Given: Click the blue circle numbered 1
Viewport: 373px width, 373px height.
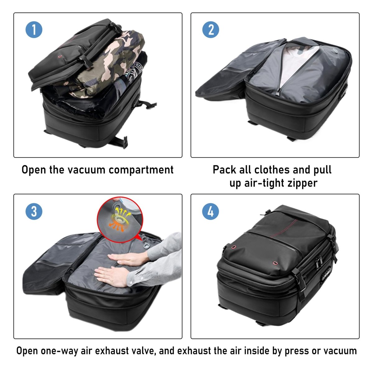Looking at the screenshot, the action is pyautogui.click(x=34, y=30).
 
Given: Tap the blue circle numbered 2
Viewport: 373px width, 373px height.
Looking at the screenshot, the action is pyautogui.click(x=211, y=30).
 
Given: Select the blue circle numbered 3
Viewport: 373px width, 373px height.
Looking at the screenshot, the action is pyautogui.click(x=34, y=211).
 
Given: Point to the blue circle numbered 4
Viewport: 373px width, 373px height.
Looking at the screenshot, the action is pyautogui.click(x=211, y=211).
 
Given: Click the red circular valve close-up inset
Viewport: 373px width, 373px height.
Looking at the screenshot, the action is pyautogui.click(x=120, y=219).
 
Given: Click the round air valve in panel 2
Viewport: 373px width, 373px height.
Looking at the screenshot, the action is pyautogui.click(x=334, y=51).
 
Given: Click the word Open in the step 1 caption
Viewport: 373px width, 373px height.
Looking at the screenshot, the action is pyautogui.click(x=34, y=170).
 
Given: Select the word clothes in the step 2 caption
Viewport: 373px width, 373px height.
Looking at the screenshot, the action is pyautogui.click(x=272, y=170).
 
